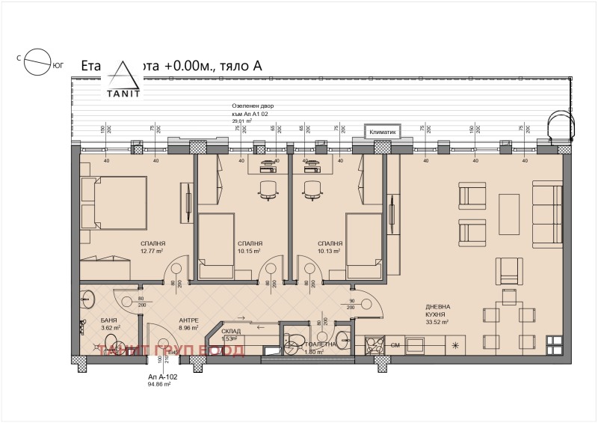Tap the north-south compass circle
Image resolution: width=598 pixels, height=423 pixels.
pyautogui.click(x=37, y=64)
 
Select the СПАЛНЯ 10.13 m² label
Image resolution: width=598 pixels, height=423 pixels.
pyautogui.click(x=330, y=247)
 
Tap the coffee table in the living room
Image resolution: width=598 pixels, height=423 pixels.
pyautogui.click(x=510, y=212)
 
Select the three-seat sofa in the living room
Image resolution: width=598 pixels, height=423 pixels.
pyautogui.click(x=547, y=213)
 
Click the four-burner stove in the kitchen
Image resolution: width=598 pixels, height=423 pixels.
pyautogui.click(x=374, y=345)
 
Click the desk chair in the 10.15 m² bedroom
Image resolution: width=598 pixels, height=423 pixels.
pyautogui.click(x=267, y=189)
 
